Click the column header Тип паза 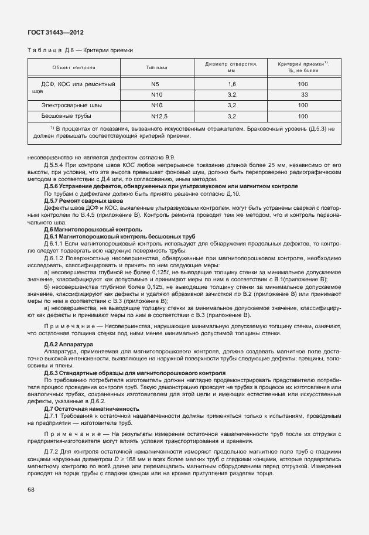pyautogui.click(x=156, y=67)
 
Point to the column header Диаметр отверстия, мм pyautogui.click(x=231, y=67)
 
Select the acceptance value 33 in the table pyautogui.click(x=304, y=94)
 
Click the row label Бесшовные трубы pyautogui.click(x=66, y=115)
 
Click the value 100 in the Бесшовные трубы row pyautogui.click(x=303, y=115)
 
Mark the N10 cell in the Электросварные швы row pyautogui.click(x=156, y=105)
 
